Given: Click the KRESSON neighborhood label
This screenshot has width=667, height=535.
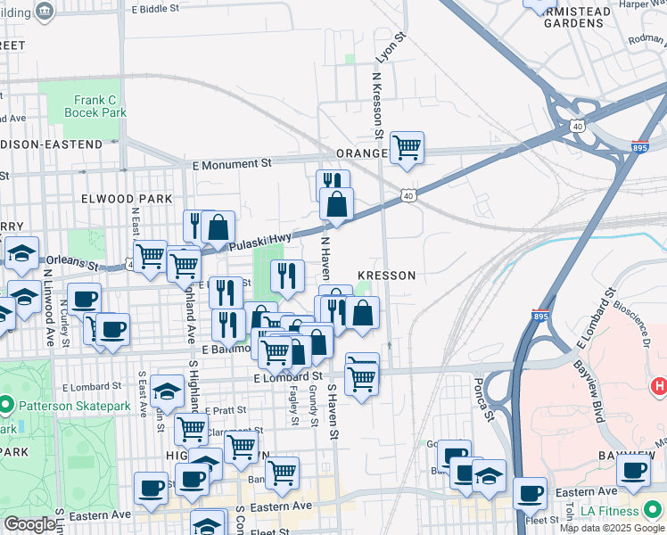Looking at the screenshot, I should click(386, 276).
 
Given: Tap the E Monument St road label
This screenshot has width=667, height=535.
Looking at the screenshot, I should click(232, 164).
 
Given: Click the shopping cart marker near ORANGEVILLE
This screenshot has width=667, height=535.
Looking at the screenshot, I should click(407, 147).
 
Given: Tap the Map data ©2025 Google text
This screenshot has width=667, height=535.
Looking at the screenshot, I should click(611, 528).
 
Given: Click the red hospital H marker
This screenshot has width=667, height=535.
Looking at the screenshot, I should click(660, 387).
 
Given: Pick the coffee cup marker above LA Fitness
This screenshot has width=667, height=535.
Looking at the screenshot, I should click(632, 470).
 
